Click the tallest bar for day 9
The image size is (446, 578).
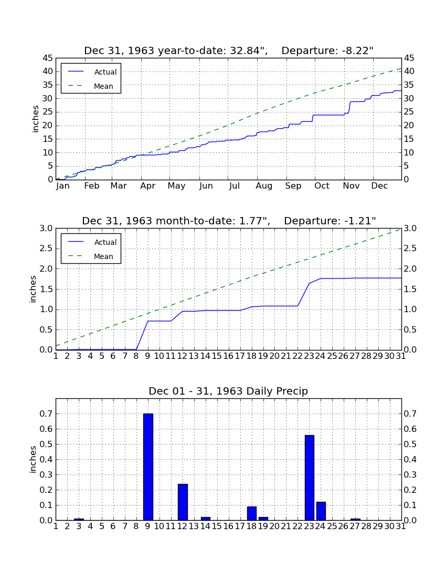coord(148,467)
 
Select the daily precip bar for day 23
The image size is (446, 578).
coord(310,478)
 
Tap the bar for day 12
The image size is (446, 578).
coord(183,502)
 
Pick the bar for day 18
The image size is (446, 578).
coord(252,513)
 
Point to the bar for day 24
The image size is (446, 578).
coord(321,511)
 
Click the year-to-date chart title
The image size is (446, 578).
coord(229,50)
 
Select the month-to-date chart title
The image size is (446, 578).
coord(229,221)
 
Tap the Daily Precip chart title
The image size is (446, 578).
coord(228,391)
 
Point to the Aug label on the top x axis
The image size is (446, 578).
coord(264,186)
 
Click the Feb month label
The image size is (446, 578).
coord(92,186)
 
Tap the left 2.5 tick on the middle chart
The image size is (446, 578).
coord(46,249)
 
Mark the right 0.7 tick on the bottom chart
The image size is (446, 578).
coord(410,414)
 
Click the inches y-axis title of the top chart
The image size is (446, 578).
coord(35,119)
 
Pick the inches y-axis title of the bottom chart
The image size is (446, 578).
coord(33,459)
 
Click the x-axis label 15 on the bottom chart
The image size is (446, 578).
coord(217,526)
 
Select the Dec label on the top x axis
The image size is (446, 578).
coord(379,186)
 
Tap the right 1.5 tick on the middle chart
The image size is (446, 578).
coord(410,290)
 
